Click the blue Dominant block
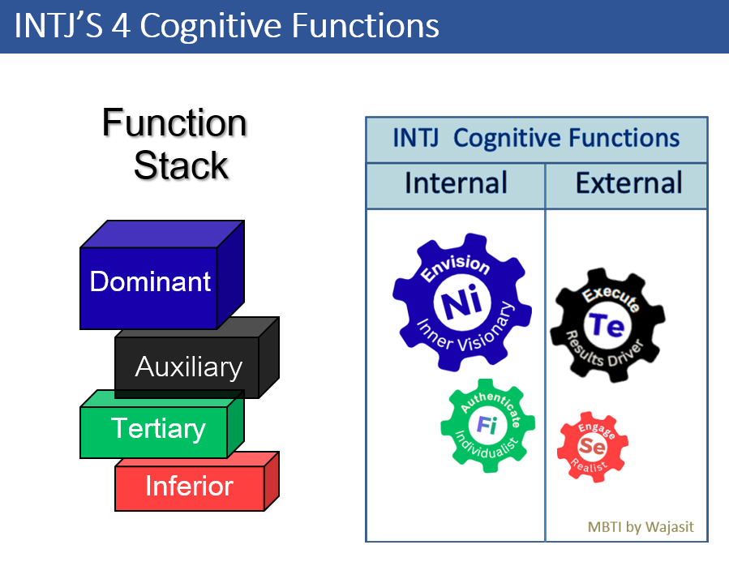pos(150,281)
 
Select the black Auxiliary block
pos(188,367)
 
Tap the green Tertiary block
pos(158,428)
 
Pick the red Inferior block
pos(189,487)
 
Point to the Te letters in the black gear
pos(606,325)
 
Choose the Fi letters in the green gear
pos(487,424)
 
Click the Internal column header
pos(456,183)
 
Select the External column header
pos(628,183)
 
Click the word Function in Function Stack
pos(174,124)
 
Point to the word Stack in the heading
pos(180,165)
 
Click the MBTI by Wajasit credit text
pos(641,527)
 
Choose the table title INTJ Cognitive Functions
pos(536,138)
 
